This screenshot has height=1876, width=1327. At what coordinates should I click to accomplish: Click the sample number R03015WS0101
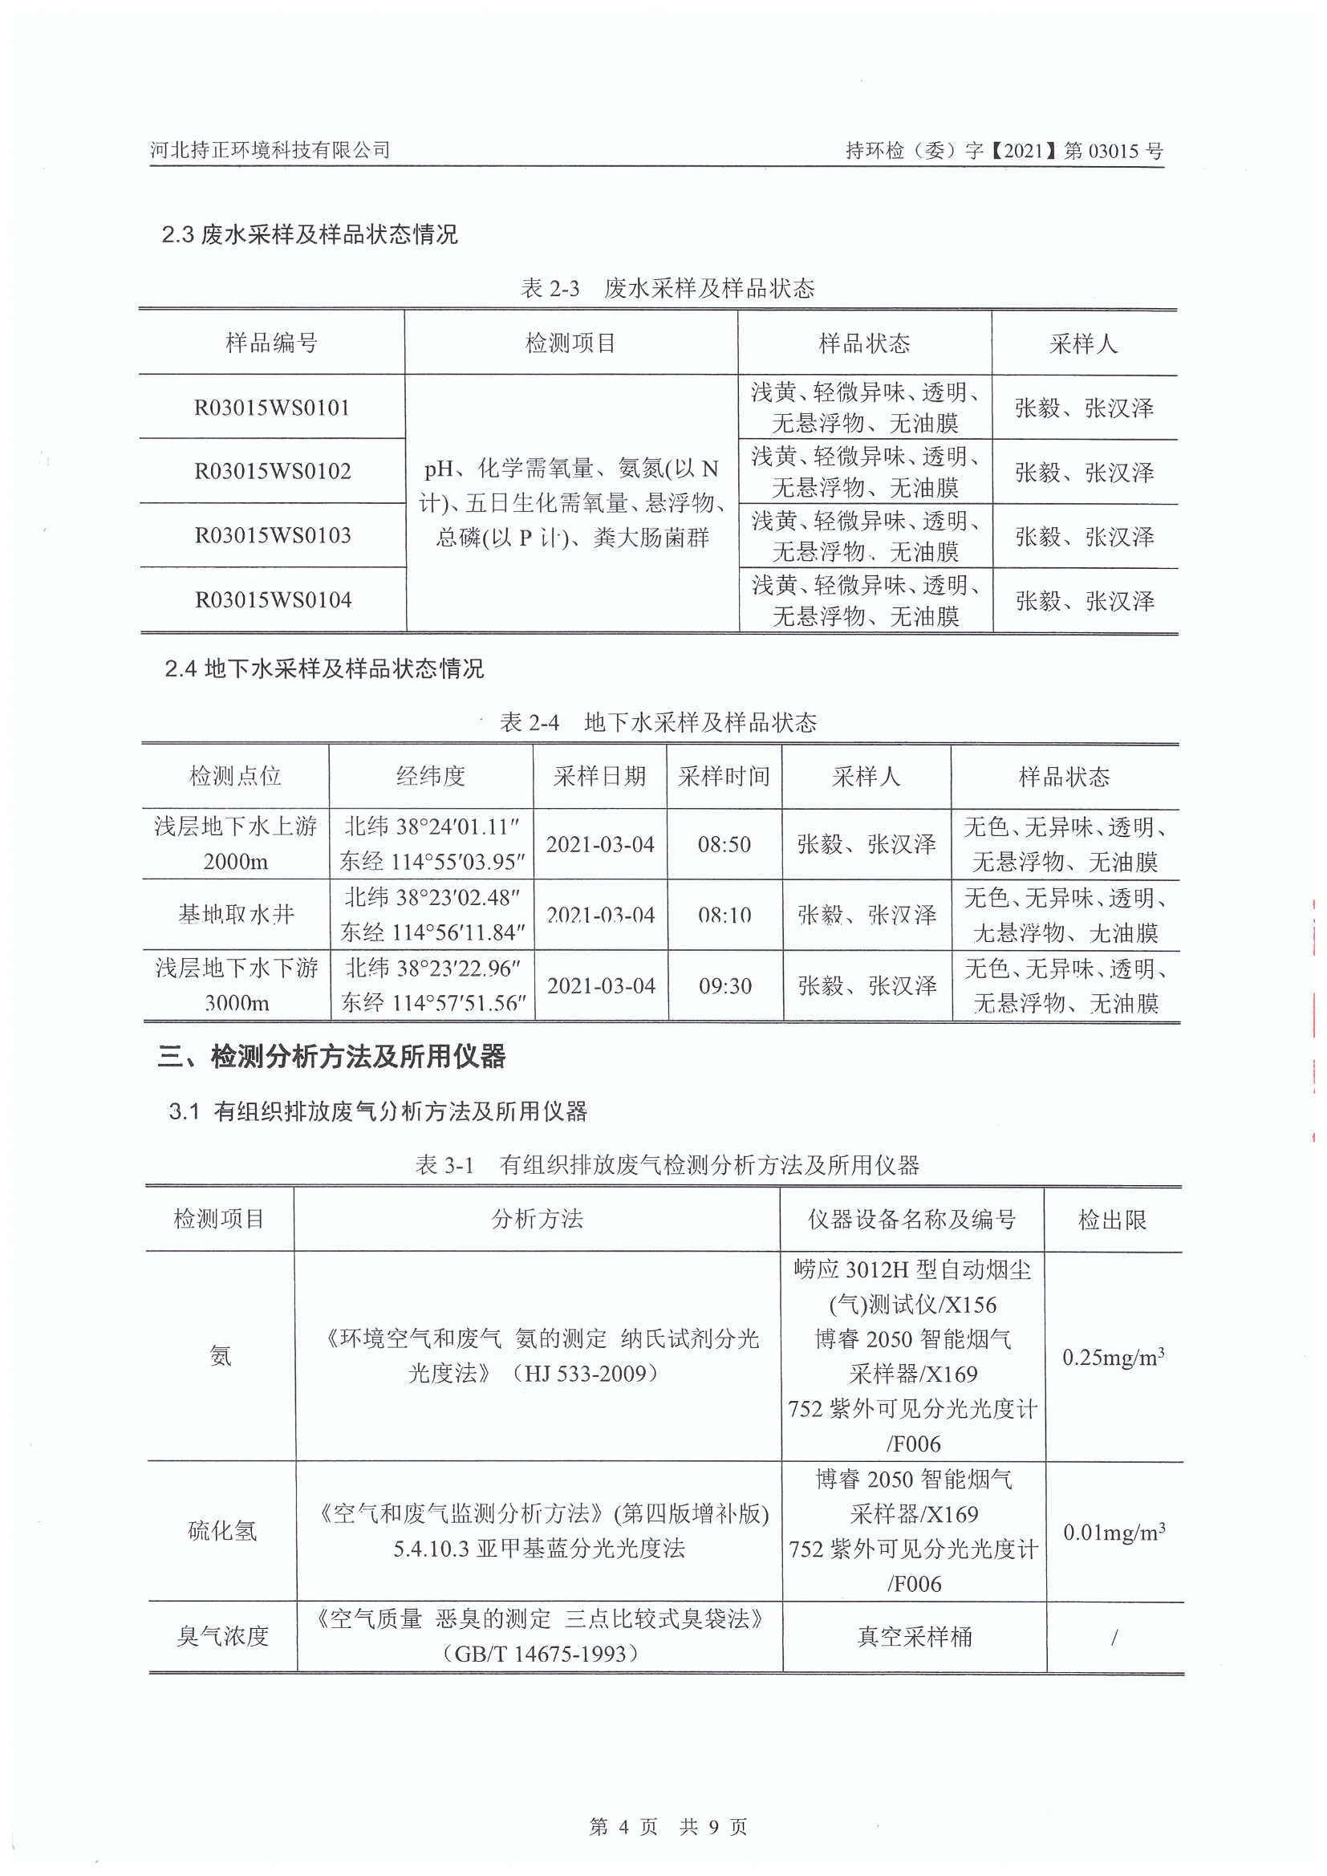[x=271, y=407]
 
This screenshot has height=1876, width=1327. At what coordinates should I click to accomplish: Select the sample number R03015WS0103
[x=272, y=535]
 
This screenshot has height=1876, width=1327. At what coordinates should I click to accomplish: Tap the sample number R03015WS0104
[x=273, y=599]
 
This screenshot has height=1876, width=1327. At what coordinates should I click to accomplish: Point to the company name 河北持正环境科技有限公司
[x=270, y=149]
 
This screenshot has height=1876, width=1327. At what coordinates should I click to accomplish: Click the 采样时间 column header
[x=724, y=776]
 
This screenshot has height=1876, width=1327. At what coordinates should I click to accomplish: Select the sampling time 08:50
[x=724, y=844]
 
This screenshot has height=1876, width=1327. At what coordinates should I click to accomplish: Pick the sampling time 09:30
[x=724, y=985]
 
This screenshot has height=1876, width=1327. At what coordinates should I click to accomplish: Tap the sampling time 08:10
[x=724, y=915]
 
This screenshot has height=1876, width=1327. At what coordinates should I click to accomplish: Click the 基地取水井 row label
[x=235, y=914]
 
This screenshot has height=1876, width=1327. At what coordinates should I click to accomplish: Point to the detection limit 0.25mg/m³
[x=1113, y=1357]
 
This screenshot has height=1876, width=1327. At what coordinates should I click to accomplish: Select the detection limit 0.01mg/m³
[x=1114, y=1532]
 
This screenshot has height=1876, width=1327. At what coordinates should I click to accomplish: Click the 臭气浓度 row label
[x=222, y=1636]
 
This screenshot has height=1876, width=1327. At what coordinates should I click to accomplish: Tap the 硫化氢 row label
[x=222, y=1530]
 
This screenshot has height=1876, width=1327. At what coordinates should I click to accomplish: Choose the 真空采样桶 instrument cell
[x=915, y=1637]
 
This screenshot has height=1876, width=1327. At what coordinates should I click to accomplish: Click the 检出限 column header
[x=1112, y=1220]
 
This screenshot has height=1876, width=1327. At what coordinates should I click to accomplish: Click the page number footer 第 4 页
[x=623, y=1827]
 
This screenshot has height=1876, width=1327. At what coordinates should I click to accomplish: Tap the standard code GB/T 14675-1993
[x=540, y=1654]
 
